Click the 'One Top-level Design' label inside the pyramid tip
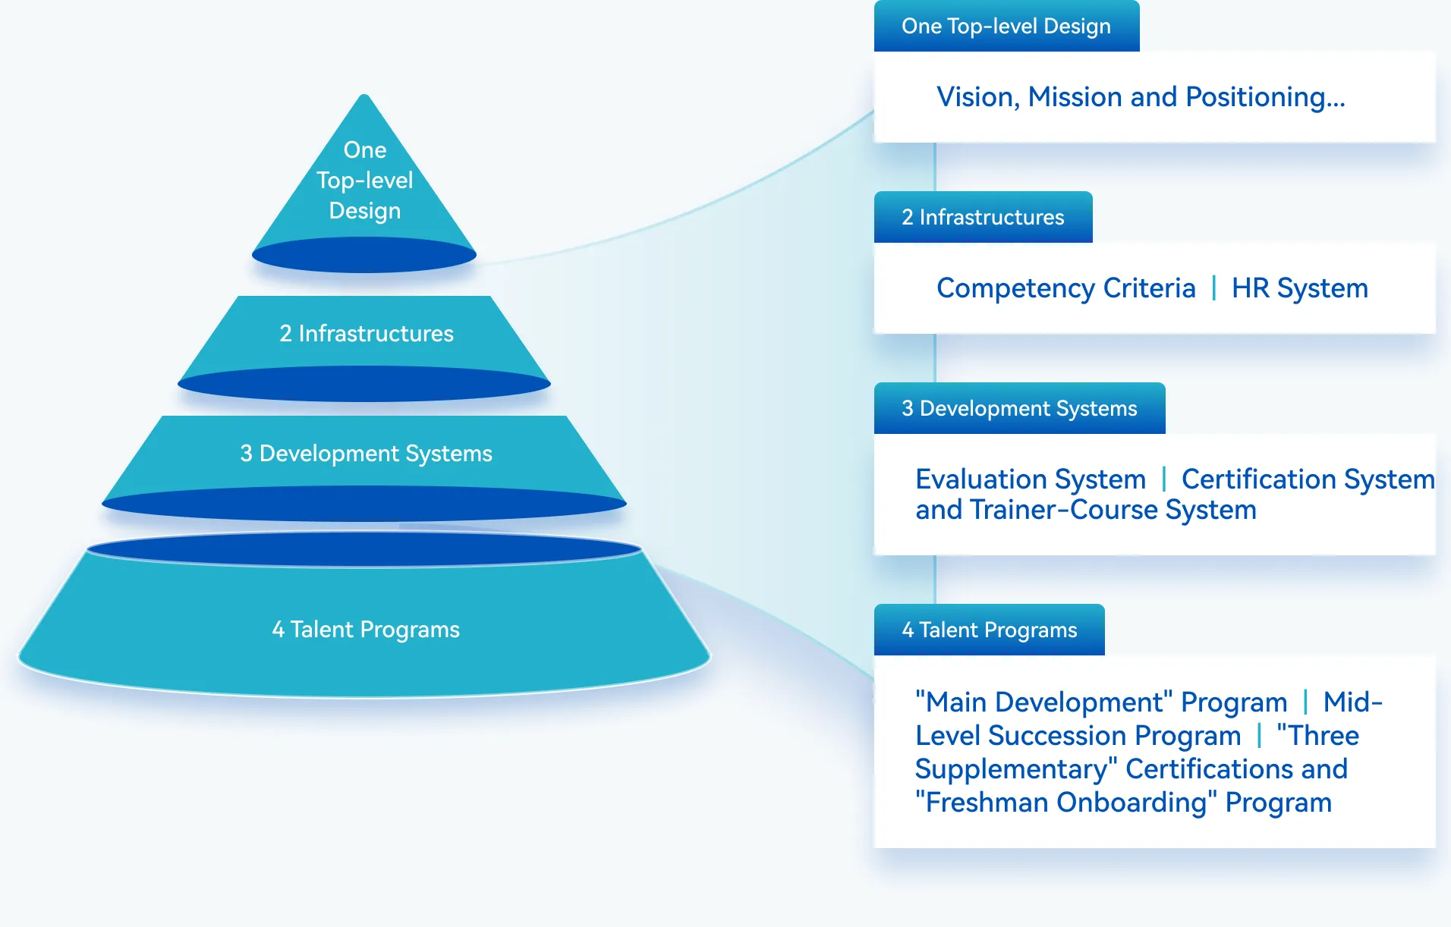click(365, 181)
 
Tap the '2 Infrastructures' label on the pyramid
click(366, 334)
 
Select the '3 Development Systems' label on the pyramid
click(366, 454)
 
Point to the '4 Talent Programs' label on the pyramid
click(366, 630)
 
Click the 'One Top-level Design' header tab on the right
click(1006, 27)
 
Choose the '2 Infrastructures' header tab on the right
click(983, 218)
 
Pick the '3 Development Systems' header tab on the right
click(1019, 409)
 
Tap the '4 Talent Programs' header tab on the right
click(989, 630)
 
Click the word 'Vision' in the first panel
click(976, 97)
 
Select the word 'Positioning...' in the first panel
click(1265, 97)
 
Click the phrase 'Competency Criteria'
click(1065, 288)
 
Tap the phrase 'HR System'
click(1299, 288)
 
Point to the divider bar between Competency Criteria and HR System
click(1213, 288)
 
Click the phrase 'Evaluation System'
click(1030, 479)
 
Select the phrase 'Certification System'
click(1308, 479)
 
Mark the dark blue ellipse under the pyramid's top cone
click(364, 256)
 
